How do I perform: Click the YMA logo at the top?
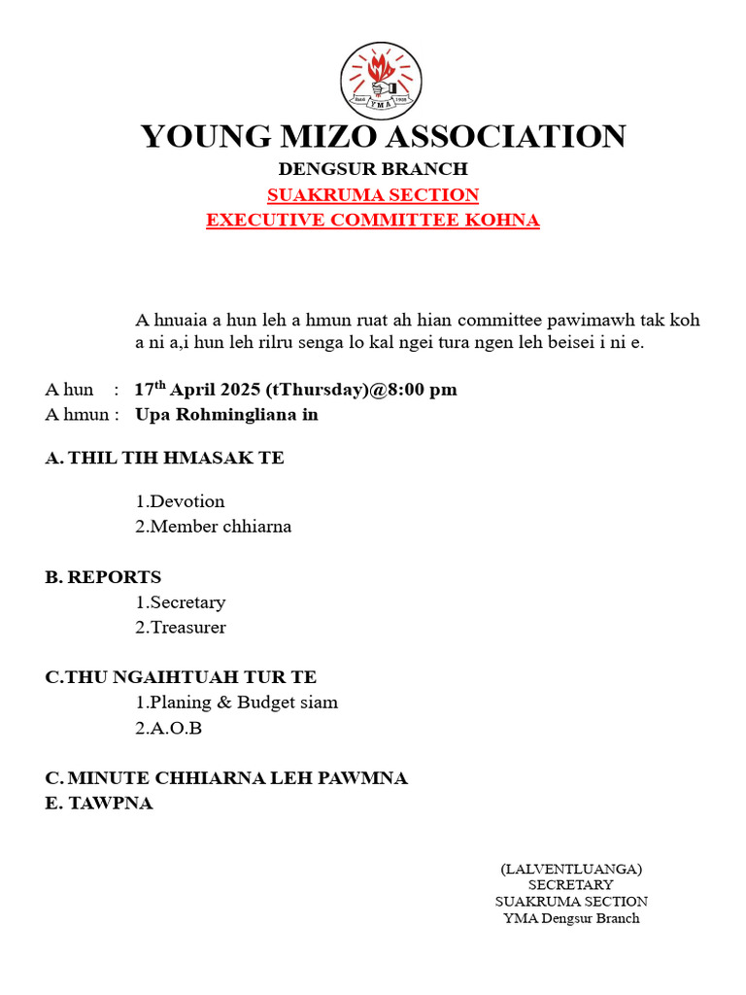(x=381, y=80)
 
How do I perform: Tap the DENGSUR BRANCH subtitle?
(x=373, y=169)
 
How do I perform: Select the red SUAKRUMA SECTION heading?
(x=373, y=194)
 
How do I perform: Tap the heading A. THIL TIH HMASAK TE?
(x=165, y=458)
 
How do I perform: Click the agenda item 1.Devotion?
(x=180, y=501)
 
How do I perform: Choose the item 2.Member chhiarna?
(x=213, y=527)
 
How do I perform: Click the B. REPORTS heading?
(x=104, y=577)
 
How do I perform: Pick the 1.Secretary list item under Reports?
(x=180, y=602)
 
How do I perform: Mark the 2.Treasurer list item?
(x=180, y=628)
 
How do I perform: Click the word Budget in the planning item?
(x=266, y=703)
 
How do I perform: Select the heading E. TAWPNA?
(x=99, y=804)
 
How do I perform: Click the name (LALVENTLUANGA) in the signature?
(x=571, y=869)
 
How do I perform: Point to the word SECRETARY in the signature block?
(x=571, y=885)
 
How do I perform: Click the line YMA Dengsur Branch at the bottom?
(x=571, y=918)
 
